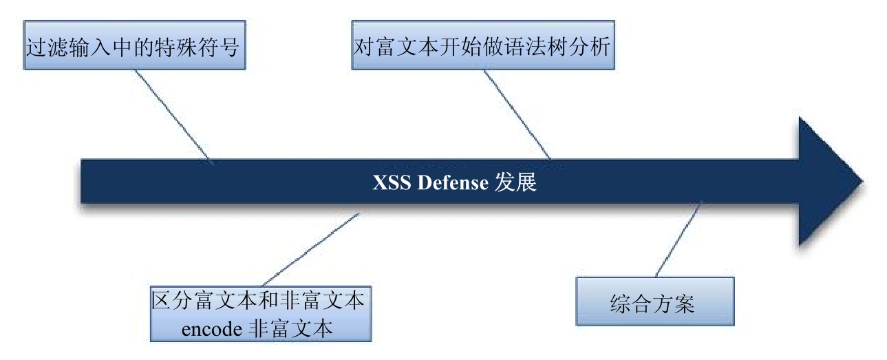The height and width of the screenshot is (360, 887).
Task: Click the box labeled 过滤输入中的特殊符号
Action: pyautogui.click(x=134, y=45)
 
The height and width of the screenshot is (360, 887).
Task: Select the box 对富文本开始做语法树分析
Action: pyautogui.click(x=483, y=45)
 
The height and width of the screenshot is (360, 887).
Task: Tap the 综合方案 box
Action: pyautogui.click(x=655, y=301)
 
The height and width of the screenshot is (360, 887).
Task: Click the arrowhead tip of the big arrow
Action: pyautogui.click(x=863, y=182)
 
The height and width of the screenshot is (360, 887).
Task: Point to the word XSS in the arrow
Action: pyautogui.click(x=392, y=182)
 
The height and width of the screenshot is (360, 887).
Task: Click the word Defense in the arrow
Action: pyautogui.click(x=453, y=182)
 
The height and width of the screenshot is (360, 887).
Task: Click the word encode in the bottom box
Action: pyautogui.click(x=212, y=329)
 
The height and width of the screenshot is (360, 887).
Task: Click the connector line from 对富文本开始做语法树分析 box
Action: pyautogui.click(x=517, y=115)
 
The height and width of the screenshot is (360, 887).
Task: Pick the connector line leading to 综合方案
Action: pyautogui.click(x=678, y=240)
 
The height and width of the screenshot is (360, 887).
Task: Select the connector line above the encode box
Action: pyautogui.click(x=310, y=250)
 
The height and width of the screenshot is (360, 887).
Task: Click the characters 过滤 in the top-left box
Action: pyautogui.click(x=47, y=47)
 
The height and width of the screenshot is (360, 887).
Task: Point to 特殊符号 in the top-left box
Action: pyautogui.click(x=197, y=47)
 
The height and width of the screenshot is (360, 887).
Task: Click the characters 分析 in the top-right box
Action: pyautogui.click(x=589, y=46)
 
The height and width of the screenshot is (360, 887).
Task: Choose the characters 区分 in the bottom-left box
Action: pyautogui.click(x=172, y=301)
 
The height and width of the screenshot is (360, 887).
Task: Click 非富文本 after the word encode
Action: pyautogui.click(x=290, y=329)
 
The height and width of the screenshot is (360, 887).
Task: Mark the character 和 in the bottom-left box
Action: pyautogui.click(x=269, y=301)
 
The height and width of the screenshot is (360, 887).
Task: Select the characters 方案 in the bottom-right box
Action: pyautogui.click(x=674, y=304)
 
